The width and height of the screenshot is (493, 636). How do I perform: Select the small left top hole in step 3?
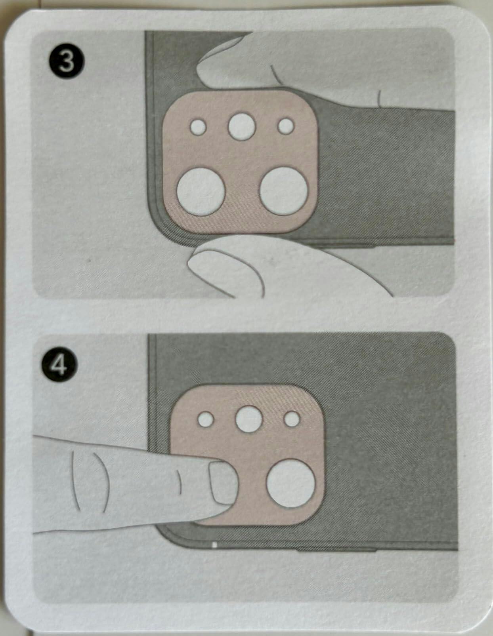198,127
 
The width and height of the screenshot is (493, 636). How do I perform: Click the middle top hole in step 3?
242,126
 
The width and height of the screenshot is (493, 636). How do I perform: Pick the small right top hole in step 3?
286,126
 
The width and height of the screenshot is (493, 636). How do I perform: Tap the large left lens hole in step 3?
201,192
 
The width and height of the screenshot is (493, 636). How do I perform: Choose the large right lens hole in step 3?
284,191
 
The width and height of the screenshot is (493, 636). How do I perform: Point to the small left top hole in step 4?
206,419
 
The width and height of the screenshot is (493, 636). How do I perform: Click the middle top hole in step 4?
249,419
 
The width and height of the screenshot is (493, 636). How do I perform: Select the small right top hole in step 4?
292,419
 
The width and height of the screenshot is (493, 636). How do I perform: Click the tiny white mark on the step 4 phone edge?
214,545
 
